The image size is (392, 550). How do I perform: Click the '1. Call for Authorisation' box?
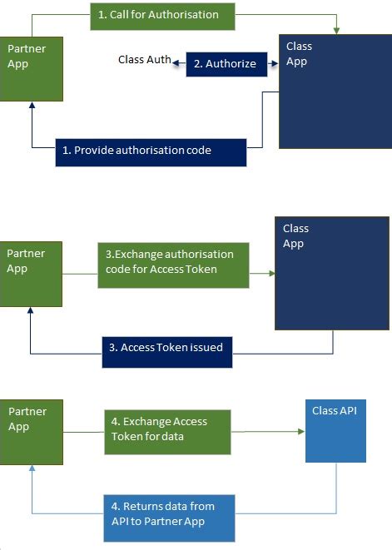tap(162, 16)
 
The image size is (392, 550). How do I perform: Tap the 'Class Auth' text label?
tap(145, 59)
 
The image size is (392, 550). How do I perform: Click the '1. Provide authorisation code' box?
tap(151, 151)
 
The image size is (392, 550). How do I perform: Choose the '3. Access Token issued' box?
tap(171, 348)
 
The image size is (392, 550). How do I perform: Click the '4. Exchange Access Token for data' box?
tap(167, 431)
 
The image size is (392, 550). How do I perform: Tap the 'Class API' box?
tap(336, 434)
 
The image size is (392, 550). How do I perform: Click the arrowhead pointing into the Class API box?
tap(301, 433)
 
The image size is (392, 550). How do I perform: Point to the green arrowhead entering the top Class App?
tap(336, 30)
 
